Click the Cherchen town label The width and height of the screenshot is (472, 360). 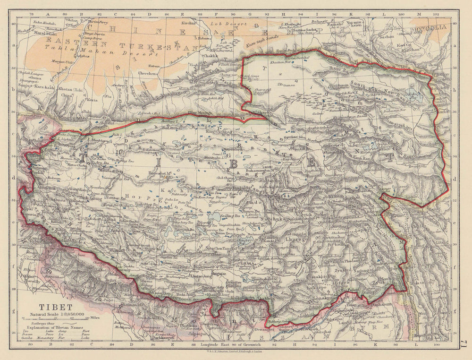(148, 74)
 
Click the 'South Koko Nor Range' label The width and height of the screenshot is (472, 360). (378, 86)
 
